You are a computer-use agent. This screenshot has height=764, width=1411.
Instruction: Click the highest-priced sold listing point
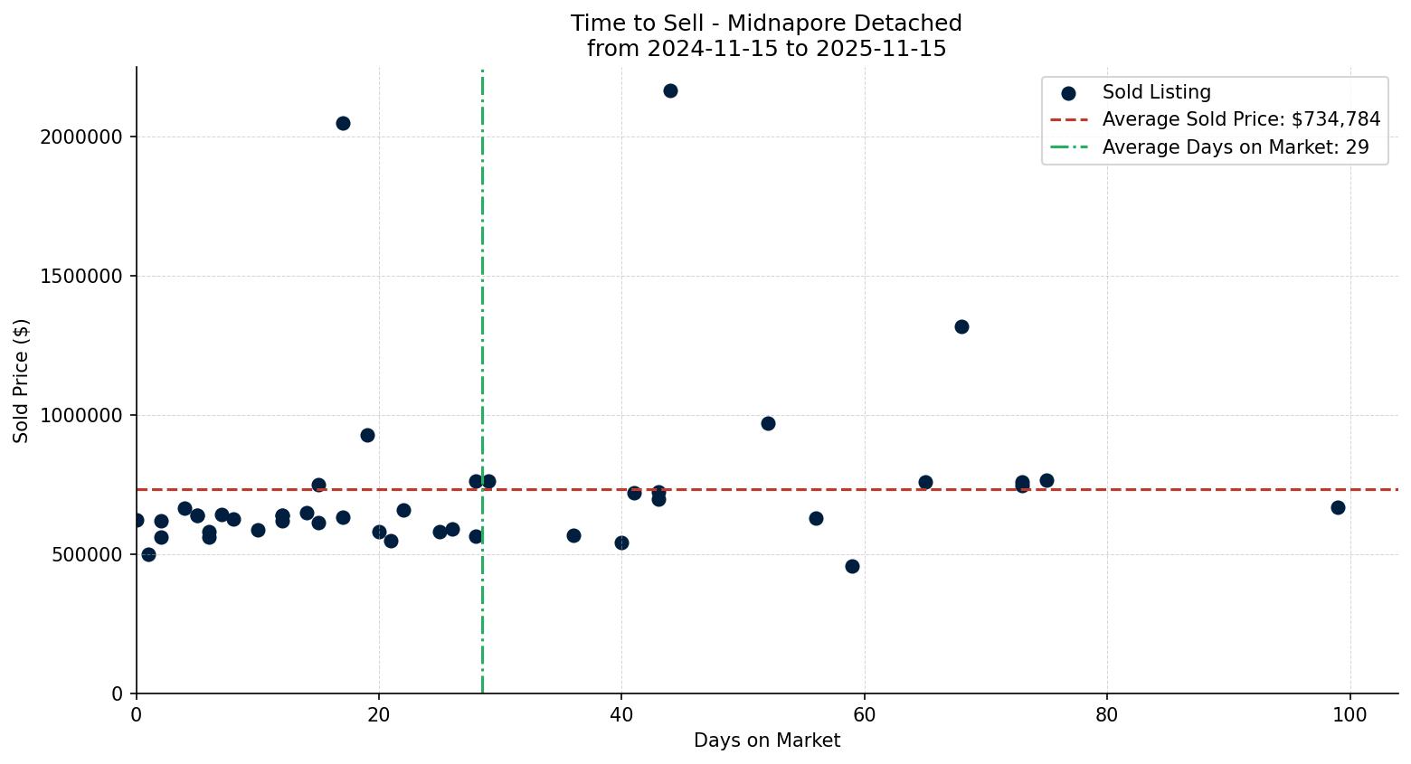670,90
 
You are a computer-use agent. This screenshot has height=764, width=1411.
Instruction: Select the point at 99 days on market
1338,507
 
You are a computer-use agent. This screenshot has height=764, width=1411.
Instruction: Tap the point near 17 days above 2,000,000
343,123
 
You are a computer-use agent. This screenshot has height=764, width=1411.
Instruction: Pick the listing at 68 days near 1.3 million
961,326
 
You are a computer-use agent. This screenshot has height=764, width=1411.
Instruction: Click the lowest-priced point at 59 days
852,566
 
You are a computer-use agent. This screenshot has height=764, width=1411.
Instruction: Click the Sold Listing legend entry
1156,92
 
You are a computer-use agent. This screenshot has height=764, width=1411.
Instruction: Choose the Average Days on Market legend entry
1235,147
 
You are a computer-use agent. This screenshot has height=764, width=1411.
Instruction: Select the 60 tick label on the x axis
865,714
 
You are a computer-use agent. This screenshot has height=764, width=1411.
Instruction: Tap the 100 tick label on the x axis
1349,714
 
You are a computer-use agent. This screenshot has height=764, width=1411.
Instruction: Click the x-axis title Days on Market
767,740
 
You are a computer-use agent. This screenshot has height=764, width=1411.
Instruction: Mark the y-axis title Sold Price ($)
21,381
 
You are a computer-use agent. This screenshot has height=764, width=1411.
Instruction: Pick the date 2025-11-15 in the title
881,49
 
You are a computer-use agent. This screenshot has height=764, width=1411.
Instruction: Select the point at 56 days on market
816,518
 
